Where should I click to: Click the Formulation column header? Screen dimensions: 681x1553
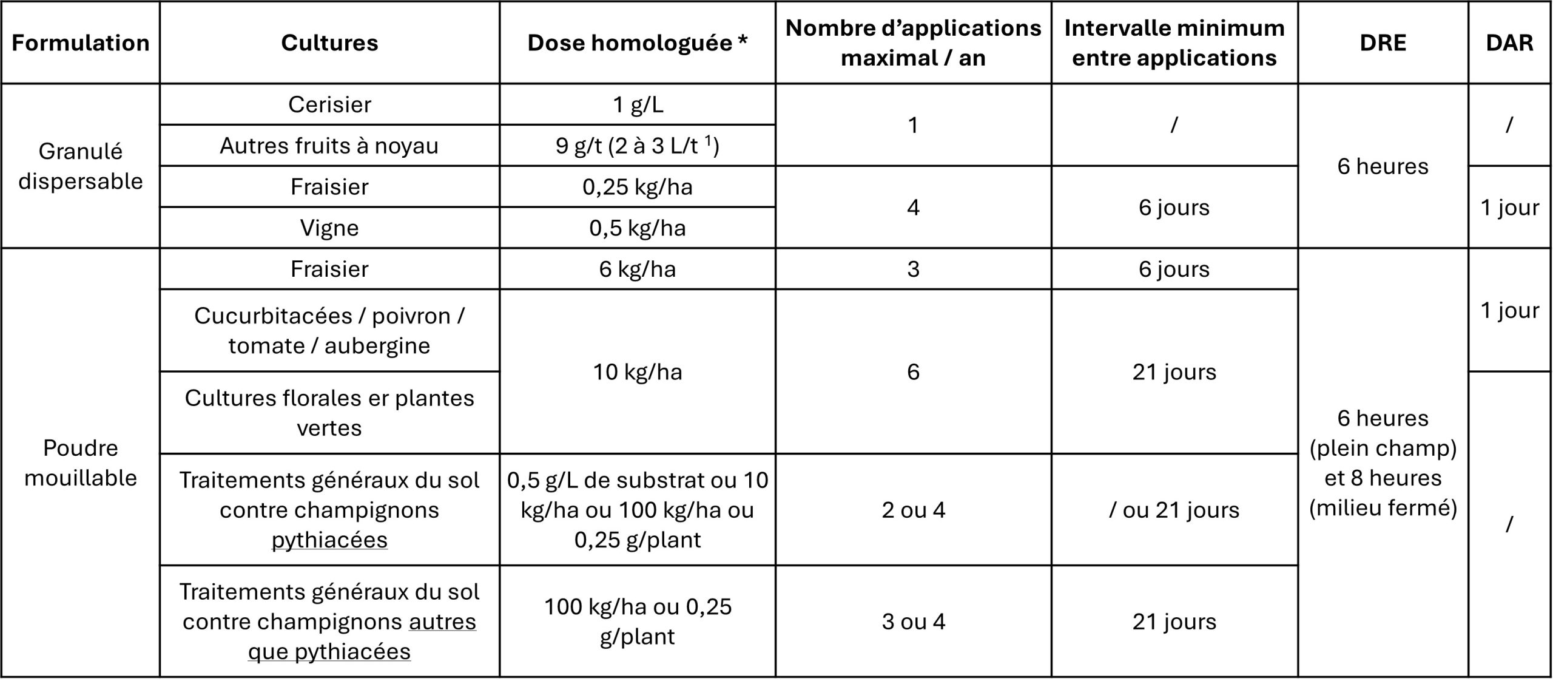80,43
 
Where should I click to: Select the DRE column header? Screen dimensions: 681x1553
1383,43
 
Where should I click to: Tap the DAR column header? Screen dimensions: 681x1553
1509,43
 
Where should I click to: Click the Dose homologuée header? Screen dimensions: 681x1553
637,43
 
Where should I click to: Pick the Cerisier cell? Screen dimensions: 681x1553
329,105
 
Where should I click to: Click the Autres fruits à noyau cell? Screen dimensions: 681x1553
329,146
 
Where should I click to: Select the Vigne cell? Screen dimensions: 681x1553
329,228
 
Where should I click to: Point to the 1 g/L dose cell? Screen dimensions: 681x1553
637,105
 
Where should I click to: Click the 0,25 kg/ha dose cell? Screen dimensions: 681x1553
637,187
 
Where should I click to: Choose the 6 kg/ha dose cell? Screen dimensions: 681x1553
637,269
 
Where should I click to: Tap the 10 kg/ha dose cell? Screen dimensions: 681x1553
637,371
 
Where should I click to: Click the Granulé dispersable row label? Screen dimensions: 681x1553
80,166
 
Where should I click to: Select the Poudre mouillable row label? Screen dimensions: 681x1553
80,462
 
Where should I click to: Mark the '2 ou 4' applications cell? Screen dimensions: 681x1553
913,510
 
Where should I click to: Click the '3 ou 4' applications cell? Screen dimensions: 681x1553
913,622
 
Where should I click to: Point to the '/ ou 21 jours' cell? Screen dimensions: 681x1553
1174,510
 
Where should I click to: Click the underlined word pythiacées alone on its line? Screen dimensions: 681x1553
329,540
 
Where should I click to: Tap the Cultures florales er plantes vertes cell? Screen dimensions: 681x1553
329,413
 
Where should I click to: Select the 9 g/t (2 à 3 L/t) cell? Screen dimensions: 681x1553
637,146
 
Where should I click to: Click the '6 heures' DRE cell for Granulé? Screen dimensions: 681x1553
1383,166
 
